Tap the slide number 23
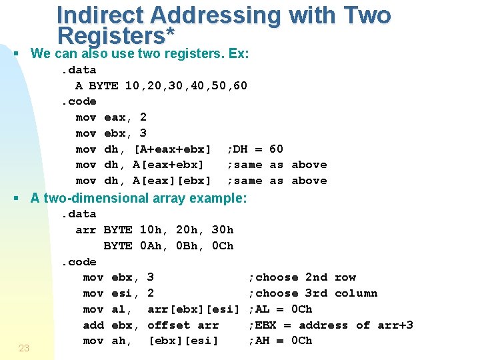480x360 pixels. (24, 347)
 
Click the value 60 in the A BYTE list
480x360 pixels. (241, 85)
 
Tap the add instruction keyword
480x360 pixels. (93, 325)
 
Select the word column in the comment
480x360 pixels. (356, 293)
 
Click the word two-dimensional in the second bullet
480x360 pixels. (121, 198)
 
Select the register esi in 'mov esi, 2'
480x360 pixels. (122, 293)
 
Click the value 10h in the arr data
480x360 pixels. (151, 230)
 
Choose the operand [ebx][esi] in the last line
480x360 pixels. (183, 341)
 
